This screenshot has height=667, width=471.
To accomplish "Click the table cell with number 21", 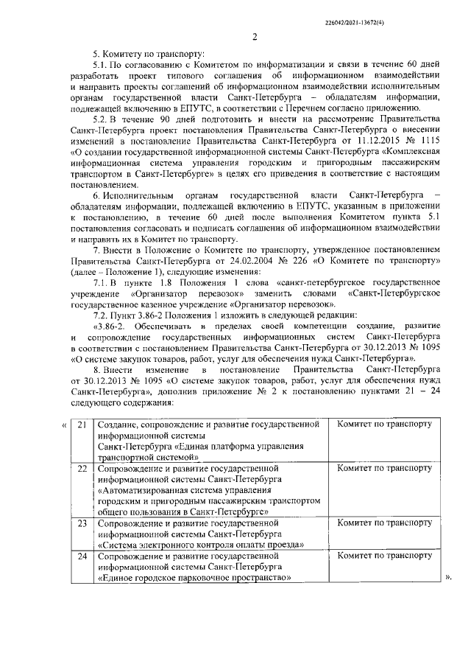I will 82,425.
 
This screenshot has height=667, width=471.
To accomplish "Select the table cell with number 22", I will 82,467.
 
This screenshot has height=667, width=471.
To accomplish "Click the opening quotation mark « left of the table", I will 65,425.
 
